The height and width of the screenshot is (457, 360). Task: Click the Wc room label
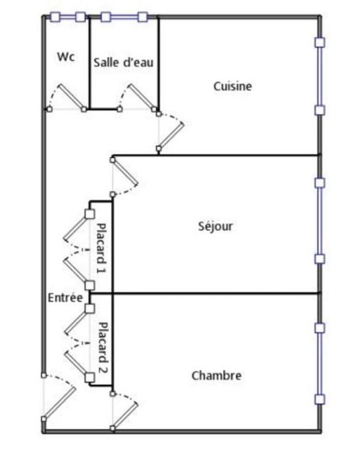66,57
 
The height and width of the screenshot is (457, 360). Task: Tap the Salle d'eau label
123,62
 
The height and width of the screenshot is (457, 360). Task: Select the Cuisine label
233,86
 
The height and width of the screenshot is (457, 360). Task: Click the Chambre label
216,375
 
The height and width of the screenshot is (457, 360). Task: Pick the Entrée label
65,298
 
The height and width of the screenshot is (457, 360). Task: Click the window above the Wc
67,17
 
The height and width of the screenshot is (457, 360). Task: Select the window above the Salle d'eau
124,17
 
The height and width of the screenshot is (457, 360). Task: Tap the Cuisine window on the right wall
320,75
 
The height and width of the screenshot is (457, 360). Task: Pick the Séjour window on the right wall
320,221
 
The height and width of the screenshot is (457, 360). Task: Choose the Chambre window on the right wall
320,363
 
